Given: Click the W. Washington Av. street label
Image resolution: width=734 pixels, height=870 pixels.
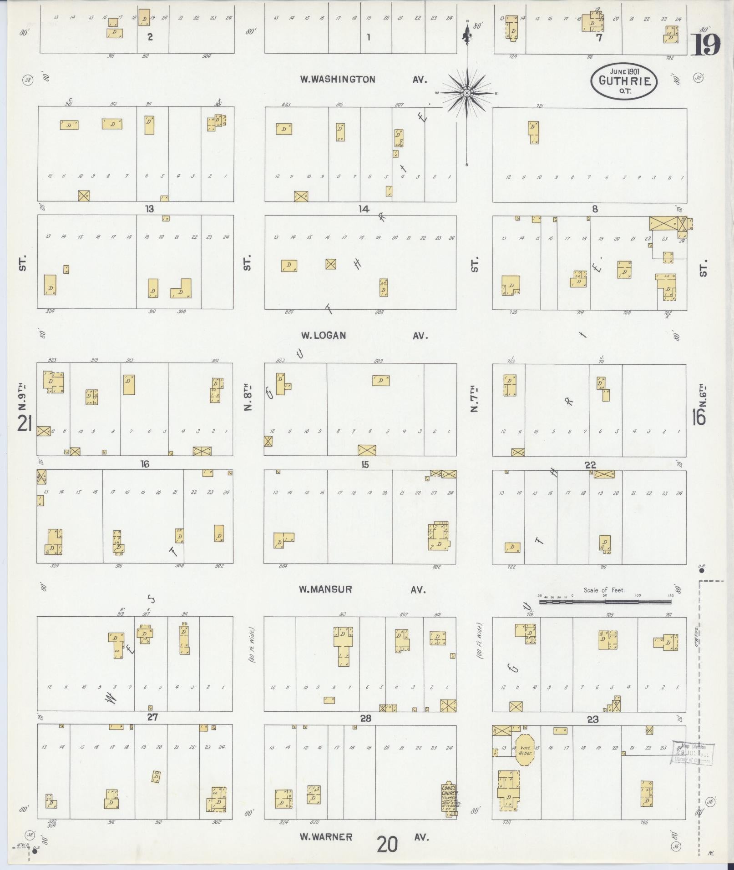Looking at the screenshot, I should [x=363, y=80].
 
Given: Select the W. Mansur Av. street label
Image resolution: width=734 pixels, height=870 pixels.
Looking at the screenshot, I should [x=362, y=589].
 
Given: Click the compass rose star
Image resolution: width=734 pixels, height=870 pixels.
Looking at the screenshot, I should [x=466, y=93].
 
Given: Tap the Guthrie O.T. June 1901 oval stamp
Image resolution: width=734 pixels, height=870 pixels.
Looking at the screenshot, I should [x=624, y=81].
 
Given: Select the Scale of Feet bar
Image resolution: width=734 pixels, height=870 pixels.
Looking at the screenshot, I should [x=605, y=602].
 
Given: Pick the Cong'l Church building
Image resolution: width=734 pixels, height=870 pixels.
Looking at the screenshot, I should [x=451, y=800].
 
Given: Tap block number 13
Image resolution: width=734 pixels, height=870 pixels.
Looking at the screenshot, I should [x=149, y=209].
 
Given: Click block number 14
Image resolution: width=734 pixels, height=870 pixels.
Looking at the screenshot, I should [x=363, y=209].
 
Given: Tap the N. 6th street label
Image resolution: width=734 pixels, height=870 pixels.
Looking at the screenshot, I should [x=703, y=396].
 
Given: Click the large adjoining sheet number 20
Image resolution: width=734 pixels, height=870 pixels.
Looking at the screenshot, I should [x=387, y=845].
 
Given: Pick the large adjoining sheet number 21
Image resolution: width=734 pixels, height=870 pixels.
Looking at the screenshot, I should [x=24, y=424].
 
